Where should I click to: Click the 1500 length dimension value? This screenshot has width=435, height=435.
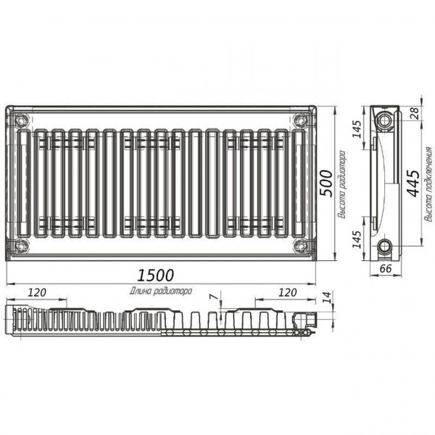(155, 275)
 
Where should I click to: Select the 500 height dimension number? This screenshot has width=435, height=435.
(326, 183)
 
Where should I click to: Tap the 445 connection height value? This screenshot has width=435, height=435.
(413, 183)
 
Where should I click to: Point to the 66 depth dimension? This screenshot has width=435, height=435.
(386, 268)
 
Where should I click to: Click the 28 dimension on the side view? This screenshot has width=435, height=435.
(415, 114)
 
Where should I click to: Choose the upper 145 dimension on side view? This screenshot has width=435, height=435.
(357, 129)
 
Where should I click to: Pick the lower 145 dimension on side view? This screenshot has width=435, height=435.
(357, 239)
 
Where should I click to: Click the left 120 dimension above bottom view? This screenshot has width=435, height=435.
(37, 292)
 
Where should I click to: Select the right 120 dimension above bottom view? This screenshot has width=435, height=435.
(287, 292)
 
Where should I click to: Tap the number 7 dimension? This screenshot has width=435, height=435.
(213, 297)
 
